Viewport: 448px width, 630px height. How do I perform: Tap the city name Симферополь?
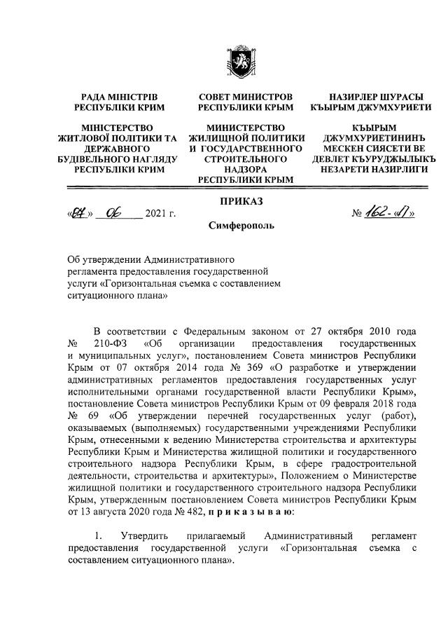pos(241,226)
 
